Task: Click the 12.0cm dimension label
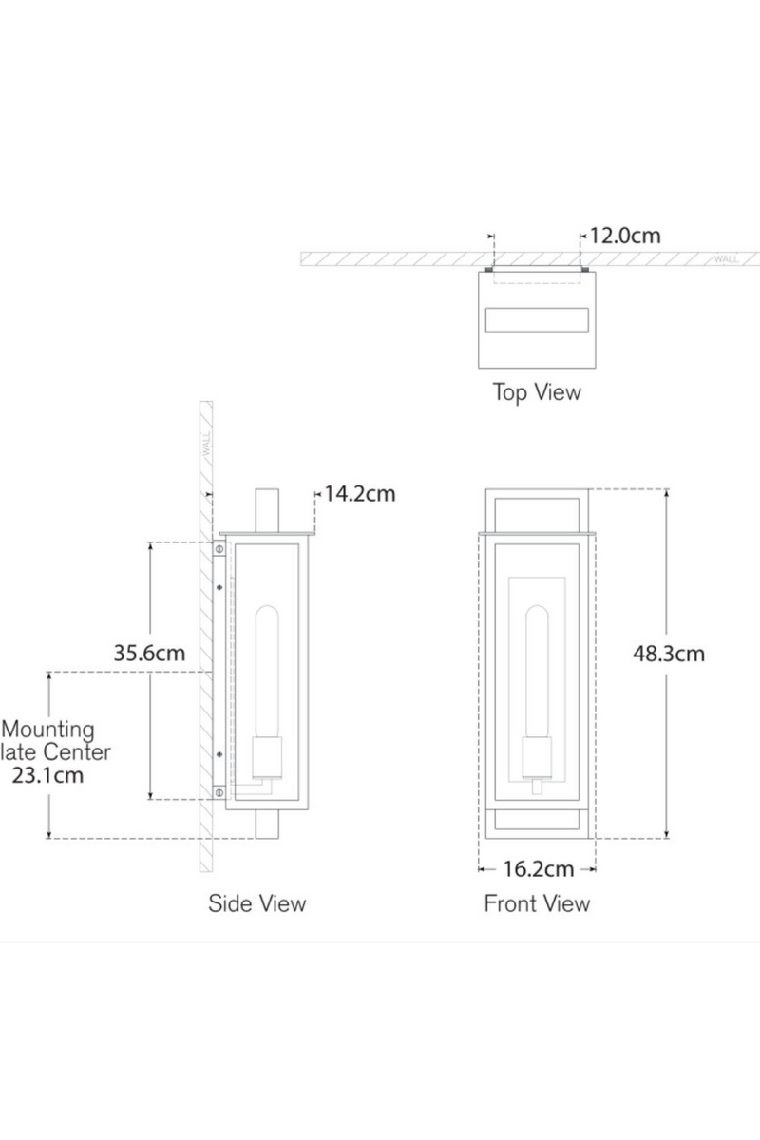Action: [x=625, y=236]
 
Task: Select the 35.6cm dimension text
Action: [x=149, y=654]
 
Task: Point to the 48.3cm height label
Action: [x=669, y=654]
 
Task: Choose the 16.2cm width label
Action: [x=538, y=868]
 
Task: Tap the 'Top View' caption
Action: [x=536, y=391]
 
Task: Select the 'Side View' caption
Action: [x=257, y=902]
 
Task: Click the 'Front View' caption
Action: [x=537, y=902]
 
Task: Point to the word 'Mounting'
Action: [x=48, y=730]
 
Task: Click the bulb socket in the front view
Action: [x=538, y=759]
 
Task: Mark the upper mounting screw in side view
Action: [x=219, y=550]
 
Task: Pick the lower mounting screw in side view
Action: [x=219, y=791]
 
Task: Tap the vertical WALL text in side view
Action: [x=203, y=444]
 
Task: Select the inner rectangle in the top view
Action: [x=536, y=320]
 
